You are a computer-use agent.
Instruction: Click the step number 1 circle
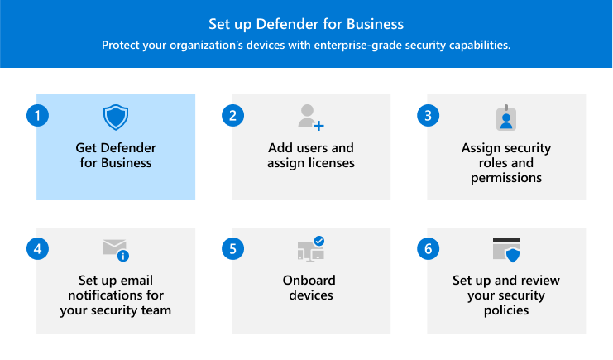click(37, 116)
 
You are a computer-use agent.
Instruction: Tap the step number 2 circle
click(232, 116)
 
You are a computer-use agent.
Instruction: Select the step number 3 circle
click(428, 116)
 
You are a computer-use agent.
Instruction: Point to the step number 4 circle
click(37, 249)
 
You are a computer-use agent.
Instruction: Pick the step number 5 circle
click(232, 249)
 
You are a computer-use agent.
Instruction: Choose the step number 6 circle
click(428, 249)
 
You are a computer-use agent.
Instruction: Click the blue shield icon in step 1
click(116, 118)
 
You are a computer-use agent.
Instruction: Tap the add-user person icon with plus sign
click(310, 117)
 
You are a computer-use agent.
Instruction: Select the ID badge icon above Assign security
click(505, 118)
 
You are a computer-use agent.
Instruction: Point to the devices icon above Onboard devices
click(309, 250)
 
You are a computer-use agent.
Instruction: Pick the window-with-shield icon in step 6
click(505, 250)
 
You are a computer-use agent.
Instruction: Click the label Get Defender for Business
click(115, 156)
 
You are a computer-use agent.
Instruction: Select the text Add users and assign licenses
click(310, 156)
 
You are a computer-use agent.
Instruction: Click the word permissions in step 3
click(505, 177)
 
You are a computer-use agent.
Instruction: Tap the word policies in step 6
click(505, 310)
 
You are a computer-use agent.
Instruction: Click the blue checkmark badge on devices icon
click(319, 241)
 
